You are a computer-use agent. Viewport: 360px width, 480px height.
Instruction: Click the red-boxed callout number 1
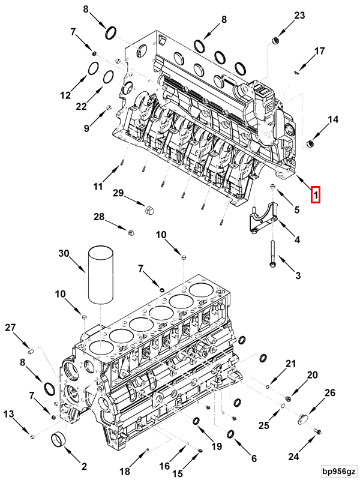click(316, 194)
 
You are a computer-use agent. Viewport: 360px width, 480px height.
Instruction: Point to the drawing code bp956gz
click(338, 470)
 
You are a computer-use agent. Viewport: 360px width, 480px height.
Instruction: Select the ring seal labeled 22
click(108, 77)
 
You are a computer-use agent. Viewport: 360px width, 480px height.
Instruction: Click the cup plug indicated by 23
click(276, 41)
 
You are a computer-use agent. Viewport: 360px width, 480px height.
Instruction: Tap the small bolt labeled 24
click(317, 431)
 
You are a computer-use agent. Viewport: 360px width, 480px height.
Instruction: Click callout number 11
click(98, 187)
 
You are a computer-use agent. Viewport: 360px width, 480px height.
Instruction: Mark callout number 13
click(9, 414)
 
